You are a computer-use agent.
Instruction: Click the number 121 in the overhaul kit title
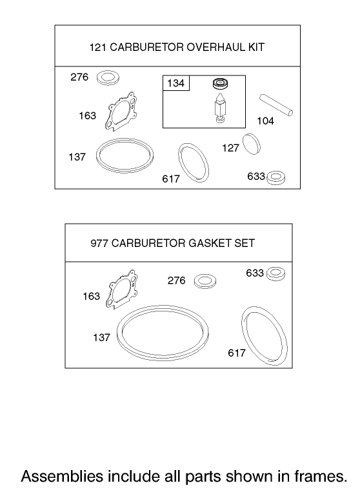point(97,47)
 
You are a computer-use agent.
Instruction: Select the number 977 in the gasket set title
point(100,243)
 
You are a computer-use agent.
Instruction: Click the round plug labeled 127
point(250,143)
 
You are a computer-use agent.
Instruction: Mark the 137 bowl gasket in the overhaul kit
point(125,155)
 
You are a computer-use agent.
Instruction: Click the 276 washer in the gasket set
point(206,280)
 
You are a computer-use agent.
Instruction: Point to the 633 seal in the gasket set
point(275,273)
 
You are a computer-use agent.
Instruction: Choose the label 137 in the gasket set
point(101,337)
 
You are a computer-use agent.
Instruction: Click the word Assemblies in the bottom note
point(54,477)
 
